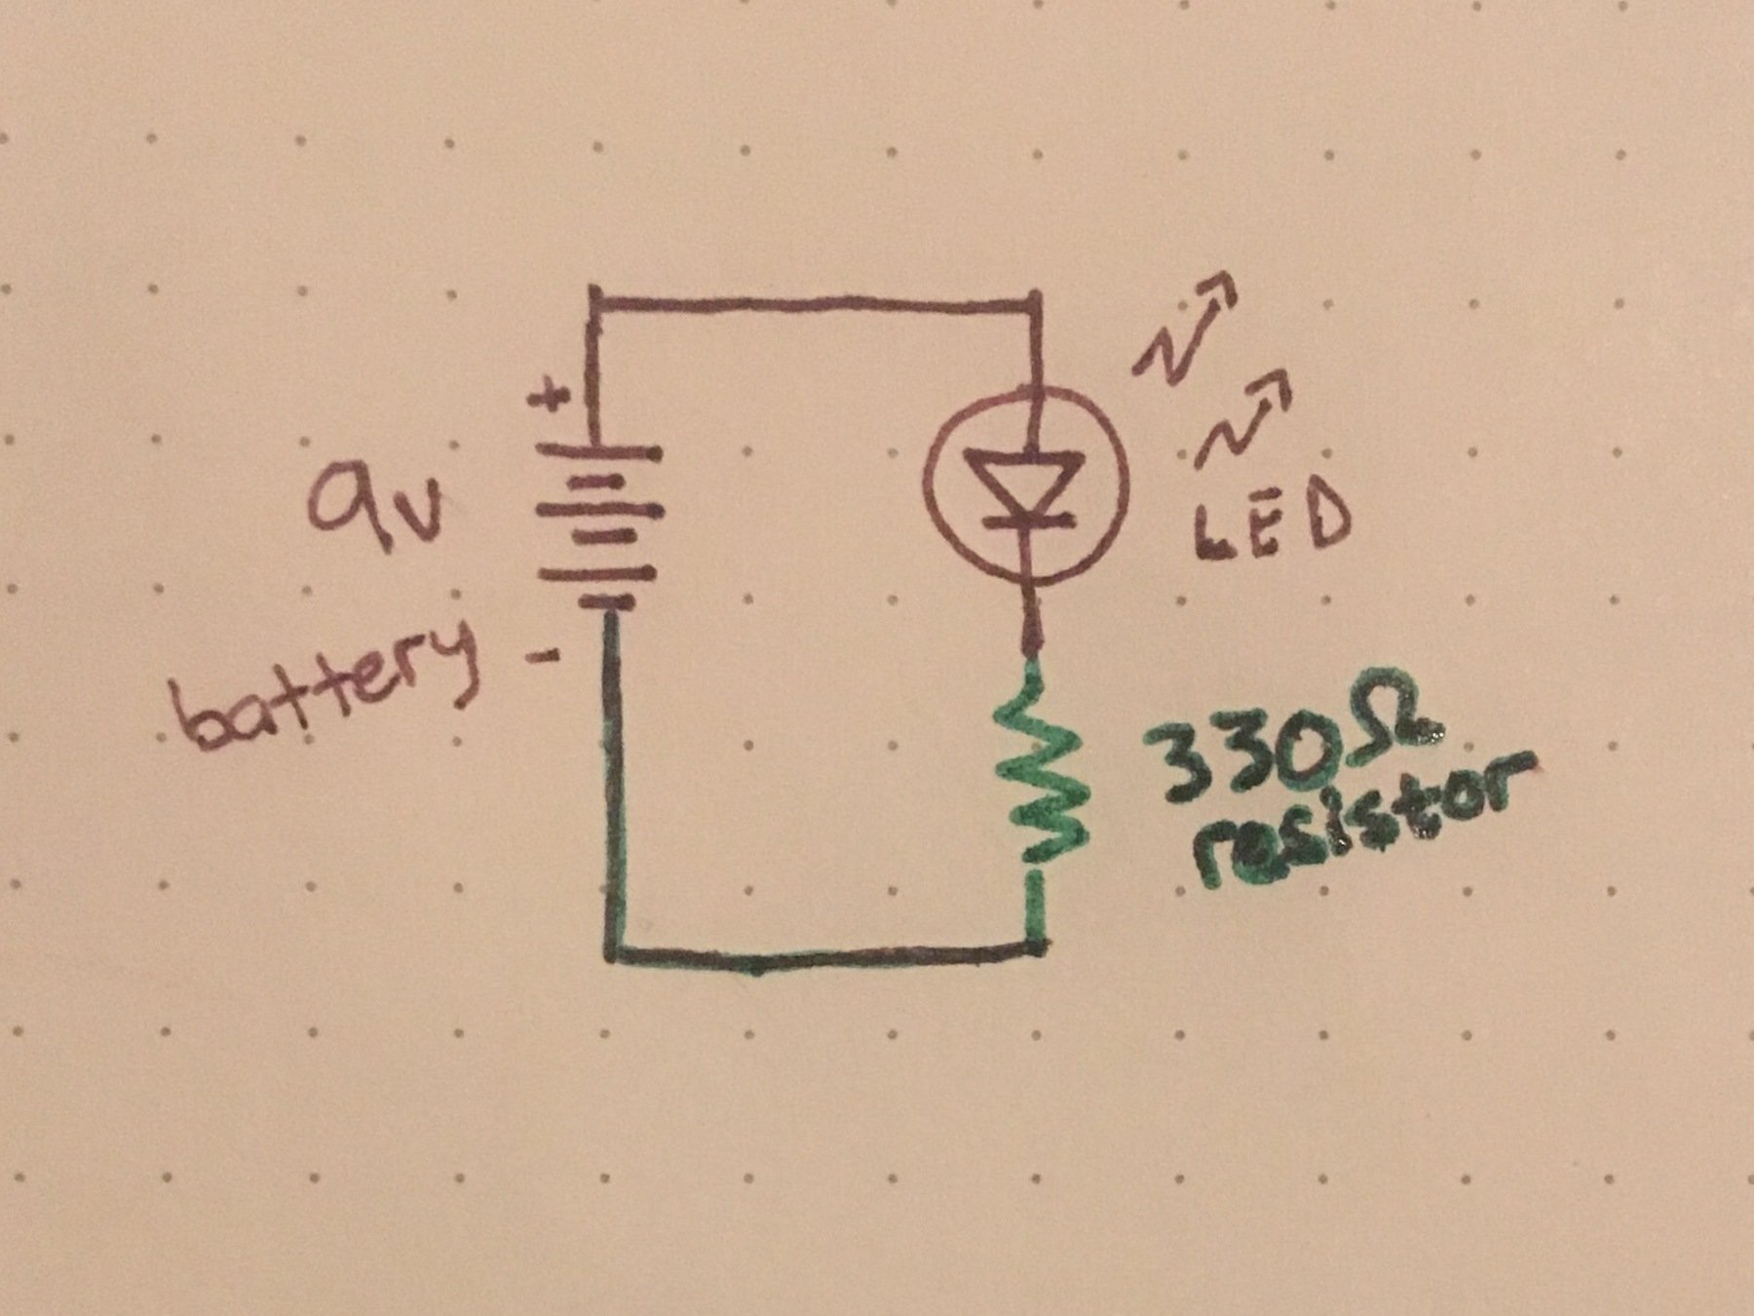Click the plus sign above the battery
[553, 399]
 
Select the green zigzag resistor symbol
[1037, 770]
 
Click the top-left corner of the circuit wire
[593, 292]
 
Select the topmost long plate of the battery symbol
[596, 453]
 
